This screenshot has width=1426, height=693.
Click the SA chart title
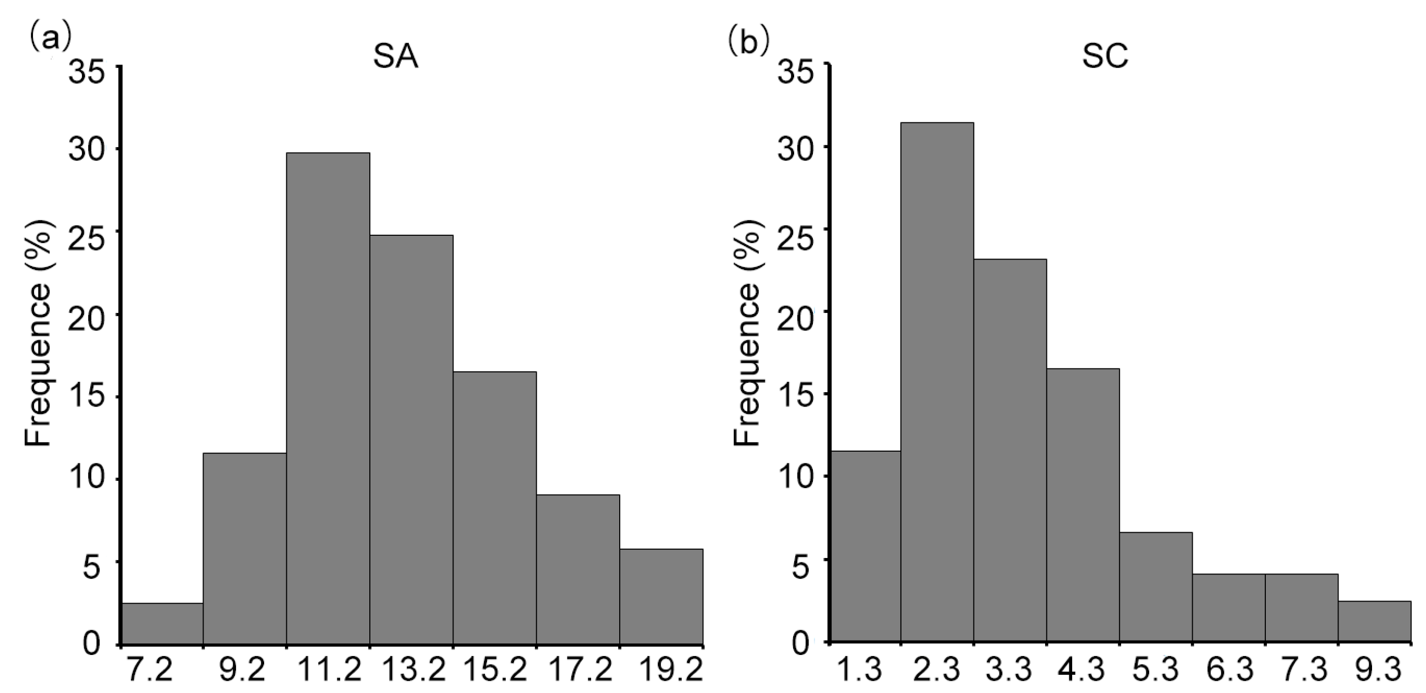(395, 58)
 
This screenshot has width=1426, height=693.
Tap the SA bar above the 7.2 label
(162, 623)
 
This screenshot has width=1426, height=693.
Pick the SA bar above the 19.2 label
(662, 596)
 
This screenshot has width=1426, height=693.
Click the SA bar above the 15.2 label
(495, 507)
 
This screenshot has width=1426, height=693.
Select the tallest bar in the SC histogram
(937, 382)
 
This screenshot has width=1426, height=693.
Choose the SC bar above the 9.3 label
(1374, 621)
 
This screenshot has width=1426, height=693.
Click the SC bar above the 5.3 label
(1156, 587)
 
